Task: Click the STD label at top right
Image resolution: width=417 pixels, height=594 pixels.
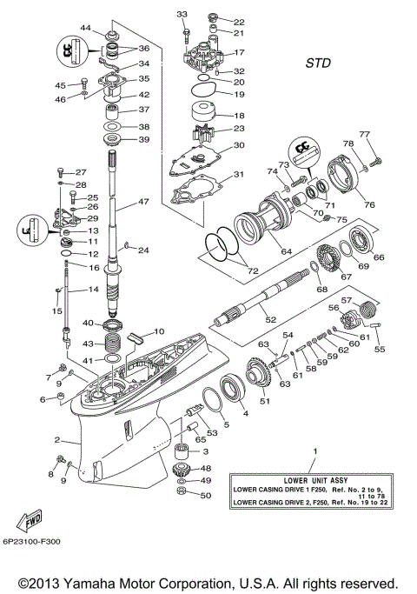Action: [x=319, y=63]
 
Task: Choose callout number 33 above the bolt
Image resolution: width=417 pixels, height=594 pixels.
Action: [x=182, y=15]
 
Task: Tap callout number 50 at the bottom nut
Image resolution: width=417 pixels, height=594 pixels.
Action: [x=206, y=496]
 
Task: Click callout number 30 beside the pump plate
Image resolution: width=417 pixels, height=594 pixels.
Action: [x=239, y=146]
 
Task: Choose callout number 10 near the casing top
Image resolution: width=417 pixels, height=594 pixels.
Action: [x=159, y=331]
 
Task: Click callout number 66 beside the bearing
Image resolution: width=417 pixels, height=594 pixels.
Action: [x=378, y=257]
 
